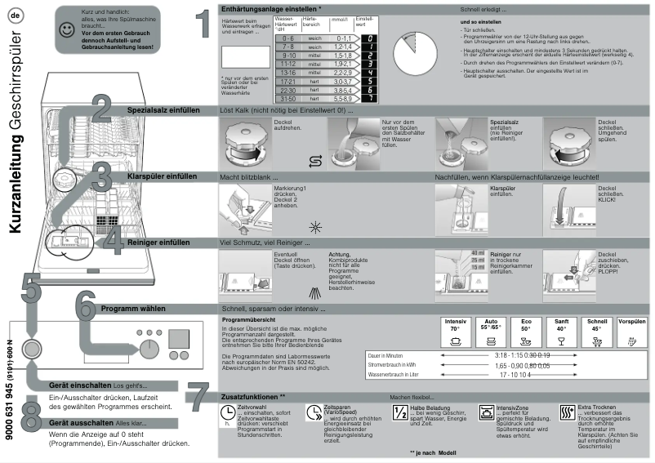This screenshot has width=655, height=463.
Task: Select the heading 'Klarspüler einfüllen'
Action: point(163,176)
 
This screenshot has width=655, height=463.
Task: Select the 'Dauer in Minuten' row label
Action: point(387,356)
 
